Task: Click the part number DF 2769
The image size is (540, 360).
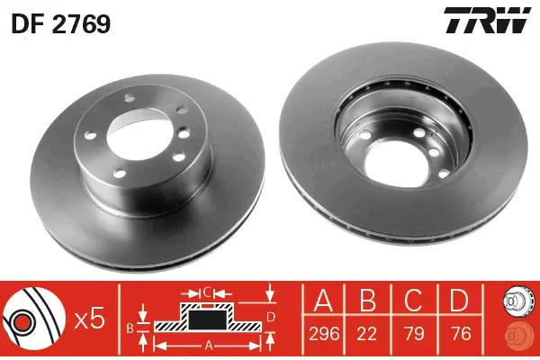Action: [61, 23]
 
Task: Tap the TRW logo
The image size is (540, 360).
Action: [487, 21]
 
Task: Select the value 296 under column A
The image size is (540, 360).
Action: [324, 333]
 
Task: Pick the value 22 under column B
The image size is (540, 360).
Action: [367, 333]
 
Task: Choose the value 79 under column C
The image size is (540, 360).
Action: [414, 333]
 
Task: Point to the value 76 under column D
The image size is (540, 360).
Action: [461, 333]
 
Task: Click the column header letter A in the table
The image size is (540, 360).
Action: [324, 301]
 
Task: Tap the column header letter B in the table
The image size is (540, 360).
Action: [367, 301]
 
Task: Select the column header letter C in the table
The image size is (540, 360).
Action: [414, 301]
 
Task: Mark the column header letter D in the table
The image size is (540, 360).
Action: [460, 301]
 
